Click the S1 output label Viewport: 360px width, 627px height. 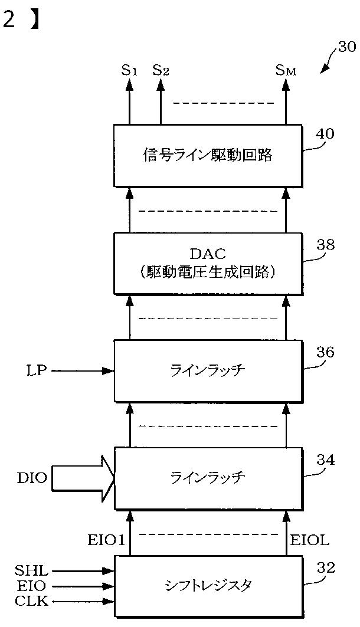point(129,70)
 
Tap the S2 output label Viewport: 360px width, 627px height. point(161,70)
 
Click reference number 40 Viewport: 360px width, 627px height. point(325,133)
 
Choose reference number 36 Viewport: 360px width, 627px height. point(325,352)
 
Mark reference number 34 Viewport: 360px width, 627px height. point(325,460)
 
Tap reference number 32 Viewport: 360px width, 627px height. point(325,568)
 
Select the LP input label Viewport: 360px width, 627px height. point(34,371)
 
